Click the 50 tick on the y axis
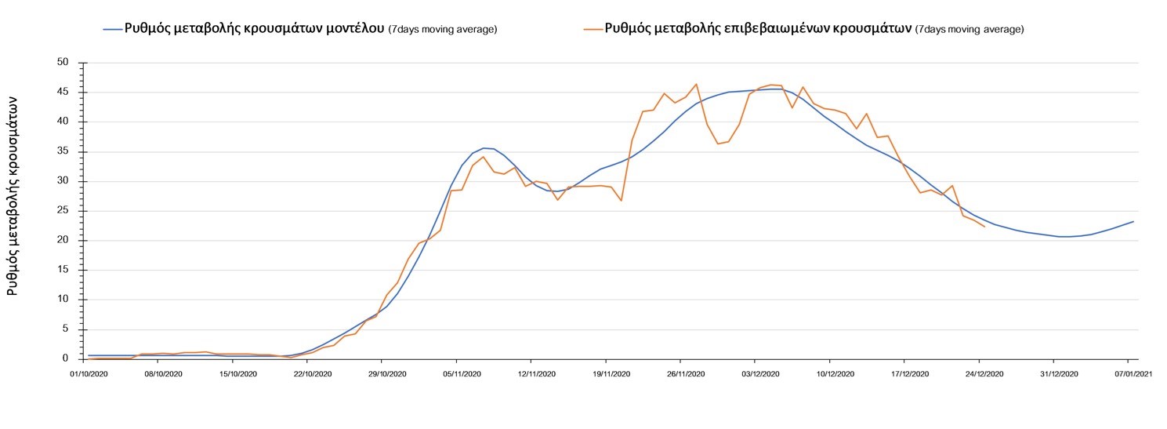[x=63, y=63]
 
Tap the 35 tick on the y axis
[x=63, y=151]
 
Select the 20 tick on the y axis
[x=63, y=241]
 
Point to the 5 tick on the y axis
[x=66, y=329]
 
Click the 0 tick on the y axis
[x=66, y=358]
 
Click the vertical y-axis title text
[x=13, y=196]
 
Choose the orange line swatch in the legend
[x=593, y=29]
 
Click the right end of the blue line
[x=1133, y=222]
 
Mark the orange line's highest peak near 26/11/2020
[x=696, y=84]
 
